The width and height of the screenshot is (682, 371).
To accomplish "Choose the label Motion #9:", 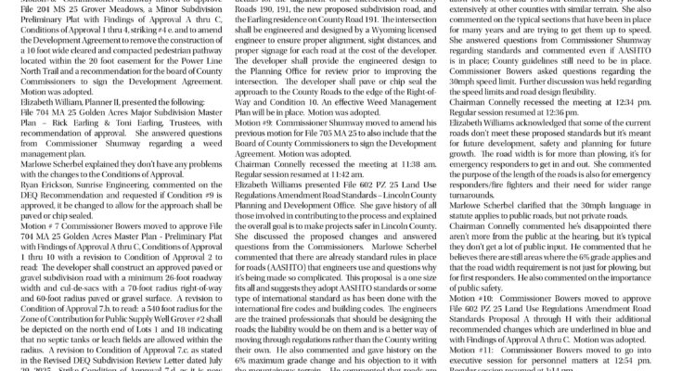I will point(261,159).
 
